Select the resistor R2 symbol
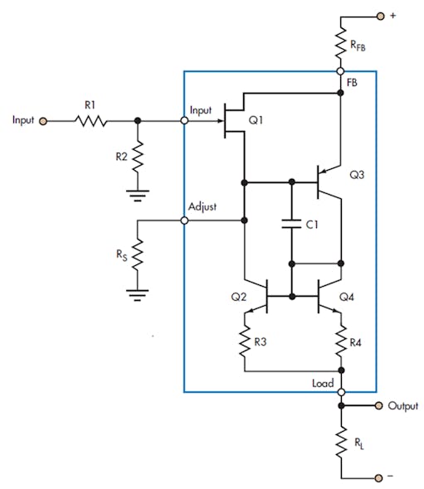click(x=137, y=156)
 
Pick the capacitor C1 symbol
click(x=291, y=223)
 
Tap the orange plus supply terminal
click(x=381, y=15)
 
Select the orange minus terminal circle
click(x=381, y=477)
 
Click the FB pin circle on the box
click(x=340, y=71)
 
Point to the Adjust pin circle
click(x=184, y=220)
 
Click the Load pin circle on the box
click(x=340, y=393)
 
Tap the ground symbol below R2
click(x=137, y=196)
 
